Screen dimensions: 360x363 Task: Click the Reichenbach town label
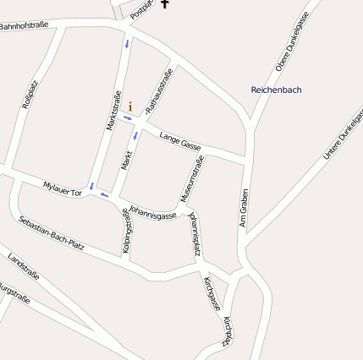click(x=276, y=90)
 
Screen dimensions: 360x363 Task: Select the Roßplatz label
click(x=30, y=95)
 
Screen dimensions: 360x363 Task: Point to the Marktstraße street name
click(x=109, y=110)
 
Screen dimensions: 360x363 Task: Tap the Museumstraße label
click(x=191, y=179)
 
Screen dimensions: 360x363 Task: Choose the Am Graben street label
click(x=244, y=207)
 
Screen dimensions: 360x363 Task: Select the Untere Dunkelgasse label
click(x=343, y=135)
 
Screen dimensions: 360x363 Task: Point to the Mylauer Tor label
click(x=62, y=189)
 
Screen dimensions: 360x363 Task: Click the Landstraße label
click(x=23, y=265)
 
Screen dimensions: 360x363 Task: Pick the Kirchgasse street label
click(x=212, y=292)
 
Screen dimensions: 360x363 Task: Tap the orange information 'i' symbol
click(x=130, y=107)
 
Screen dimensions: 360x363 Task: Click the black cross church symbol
click(x=165, y=5)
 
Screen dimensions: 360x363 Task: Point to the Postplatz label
click(x=143, y=9)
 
